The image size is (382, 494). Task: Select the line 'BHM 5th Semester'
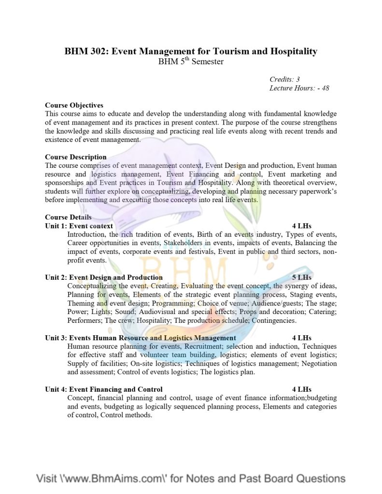pyautogui.click(x=191, y=62)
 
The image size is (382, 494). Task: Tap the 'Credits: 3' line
pyautogui.click(x=285, y=79)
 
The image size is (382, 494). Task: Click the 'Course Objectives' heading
pyautogui.click(x=74, y=105)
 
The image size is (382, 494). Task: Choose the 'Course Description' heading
pyautogui.click(x=76, y=157)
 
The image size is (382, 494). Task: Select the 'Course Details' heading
pyautogui.click(x=68, y=217)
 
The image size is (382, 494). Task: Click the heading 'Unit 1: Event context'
pyautogui.click(x=79, y=226)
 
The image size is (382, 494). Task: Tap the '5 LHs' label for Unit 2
pyautogui.click(x=302, y=277)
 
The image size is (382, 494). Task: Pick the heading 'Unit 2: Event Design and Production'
pyautogui.click(x=104, y=277)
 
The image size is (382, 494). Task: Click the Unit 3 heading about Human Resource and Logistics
pyautogui.click(x=141, y=338)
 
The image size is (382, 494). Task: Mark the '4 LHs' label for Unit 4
pyautogui.click(x=302, y=389)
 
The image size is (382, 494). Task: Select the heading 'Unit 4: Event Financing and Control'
pyautogui.click(x=104, y=389)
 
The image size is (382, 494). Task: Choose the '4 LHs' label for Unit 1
pyautogui.click(x=302, y=226)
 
